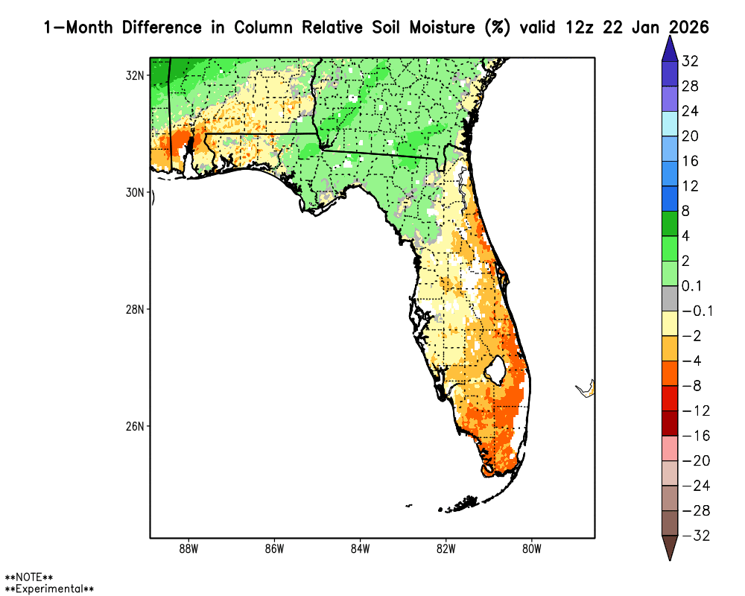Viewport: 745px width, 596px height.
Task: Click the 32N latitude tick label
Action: click(x=136, y=75)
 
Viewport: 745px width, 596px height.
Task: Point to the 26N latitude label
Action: click(x=136, y=426)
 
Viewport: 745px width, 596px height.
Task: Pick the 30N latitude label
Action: click(x=136, y=192)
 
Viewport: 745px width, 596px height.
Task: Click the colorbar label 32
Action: click(x=690, y=61)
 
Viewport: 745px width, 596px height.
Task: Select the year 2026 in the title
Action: click(x=688, y=28)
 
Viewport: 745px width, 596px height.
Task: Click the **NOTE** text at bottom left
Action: click(x=29, y=577)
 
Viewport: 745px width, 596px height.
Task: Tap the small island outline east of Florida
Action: click(x=586, y=388)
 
